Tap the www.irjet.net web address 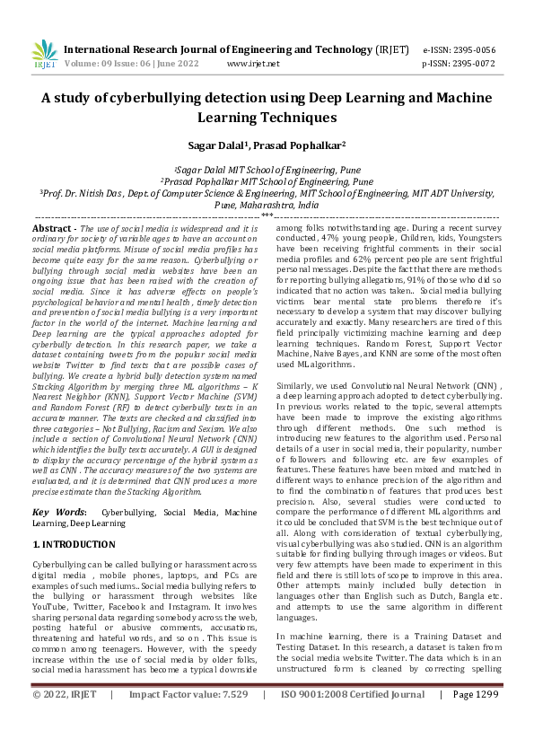click(x=253, y=64)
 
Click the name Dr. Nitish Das click(x=93, y=192)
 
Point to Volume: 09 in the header click(x=88, y=64)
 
